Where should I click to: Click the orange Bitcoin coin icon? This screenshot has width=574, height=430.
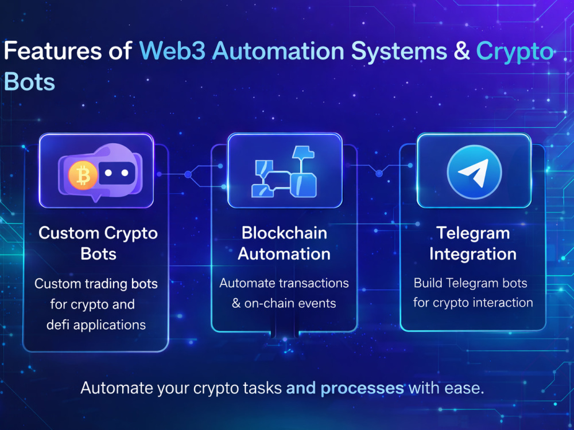click(x=83, y=175)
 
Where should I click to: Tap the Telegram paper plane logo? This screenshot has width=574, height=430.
click(x=475, y=172)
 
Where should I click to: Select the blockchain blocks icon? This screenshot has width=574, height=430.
click(x=284, y=171)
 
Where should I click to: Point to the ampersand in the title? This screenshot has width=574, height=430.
click(x=462, y=50)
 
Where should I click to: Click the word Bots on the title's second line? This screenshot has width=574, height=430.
click(x=29, y=81)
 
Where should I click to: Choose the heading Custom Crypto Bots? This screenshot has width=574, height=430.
click(x=98, y=243)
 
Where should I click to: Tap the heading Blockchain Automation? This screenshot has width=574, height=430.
click(x=284, y=243)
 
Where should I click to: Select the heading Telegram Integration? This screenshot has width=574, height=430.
click(x=473, y=243)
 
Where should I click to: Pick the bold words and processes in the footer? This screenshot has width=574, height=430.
click(x=345, y=388)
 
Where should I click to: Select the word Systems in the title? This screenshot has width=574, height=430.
click(x=399, y=51)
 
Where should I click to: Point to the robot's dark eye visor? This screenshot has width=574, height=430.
click(x=117, y=173)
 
